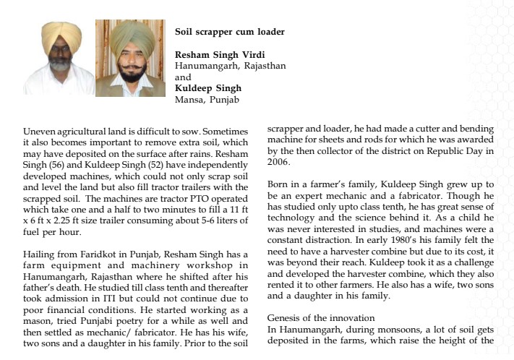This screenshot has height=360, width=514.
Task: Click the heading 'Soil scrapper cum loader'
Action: click(229, 32)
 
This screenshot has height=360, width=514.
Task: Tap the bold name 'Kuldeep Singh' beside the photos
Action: click(208, 88)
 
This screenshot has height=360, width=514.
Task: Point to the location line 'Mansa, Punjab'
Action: click(207, 99)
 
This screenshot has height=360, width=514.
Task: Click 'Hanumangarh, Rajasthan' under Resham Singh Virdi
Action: click(230, 66)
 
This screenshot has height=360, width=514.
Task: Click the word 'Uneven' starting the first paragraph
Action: click(40, 132)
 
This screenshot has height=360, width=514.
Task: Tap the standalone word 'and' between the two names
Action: click(183, 77)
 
